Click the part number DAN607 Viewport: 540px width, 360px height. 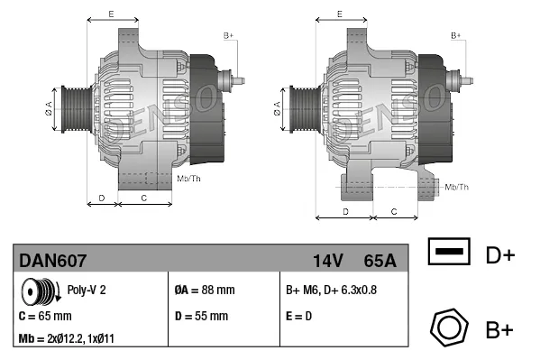[x=53, y=261]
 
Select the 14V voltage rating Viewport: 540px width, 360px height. [x=327, y=261]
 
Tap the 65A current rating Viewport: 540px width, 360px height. [x=380, y=261]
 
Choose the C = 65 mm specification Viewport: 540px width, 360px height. [x=45, y=317]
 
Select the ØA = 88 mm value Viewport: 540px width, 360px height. [x=204, y=291]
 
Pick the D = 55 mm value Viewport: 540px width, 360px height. [x=201, y=317]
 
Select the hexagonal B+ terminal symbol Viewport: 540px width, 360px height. [x=448, y=327]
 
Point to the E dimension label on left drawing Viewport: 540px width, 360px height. [x=110, y=14]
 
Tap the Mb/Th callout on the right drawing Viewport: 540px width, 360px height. [x=457, y=187]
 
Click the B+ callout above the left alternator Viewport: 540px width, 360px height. [x=228, y=34]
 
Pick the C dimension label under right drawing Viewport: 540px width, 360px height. [x=394, y=210]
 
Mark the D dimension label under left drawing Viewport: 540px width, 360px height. [x=102, y=197]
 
